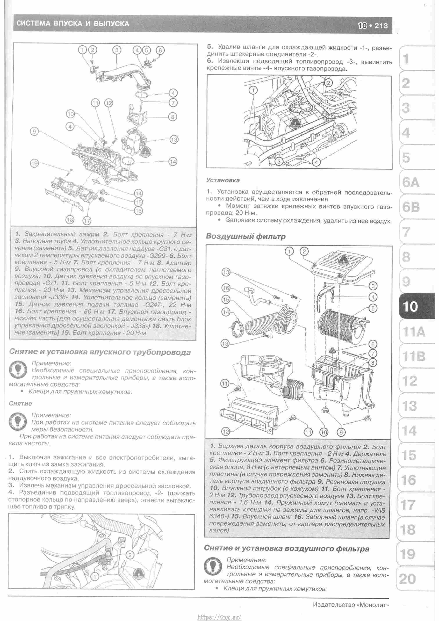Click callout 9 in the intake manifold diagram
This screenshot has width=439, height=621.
tap(34, 132)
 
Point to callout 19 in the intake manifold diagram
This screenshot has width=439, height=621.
tap(34, 163)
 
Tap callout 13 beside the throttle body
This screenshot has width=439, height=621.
tap(174, 139)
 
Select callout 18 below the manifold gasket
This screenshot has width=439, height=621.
tap(70, 220)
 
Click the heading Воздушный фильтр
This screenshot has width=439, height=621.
tap(245, 236)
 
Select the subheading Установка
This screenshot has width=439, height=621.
tap(223, 180)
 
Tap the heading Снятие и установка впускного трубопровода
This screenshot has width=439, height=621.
tap(100, 352)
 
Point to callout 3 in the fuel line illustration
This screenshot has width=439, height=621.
tap(279, 161)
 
